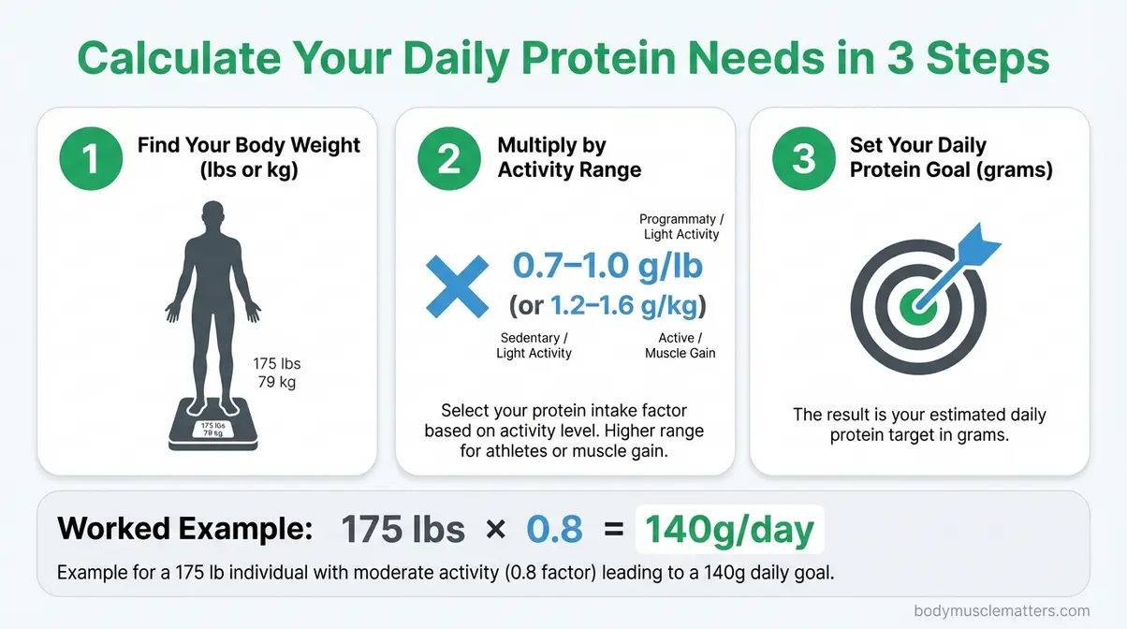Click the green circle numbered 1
click(x=91, y=159)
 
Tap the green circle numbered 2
click(x=449, y=159)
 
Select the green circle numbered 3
click(x=803, y=159)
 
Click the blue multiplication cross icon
click(x=457, y=284)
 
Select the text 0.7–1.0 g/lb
click(x=607, y=266)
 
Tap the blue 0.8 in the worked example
click(x=554, y=530)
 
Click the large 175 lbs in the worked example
click(x=402, y=530)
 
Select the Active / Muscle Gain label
click(x=680, y=345)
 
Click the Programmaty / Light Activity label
click(x=681, y=227)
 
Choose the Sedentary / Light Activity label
click(x=534, y=345)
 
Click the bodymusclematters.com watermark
click(x=1002, y=610)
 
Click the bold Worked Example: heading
click(x=184, y=529)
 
